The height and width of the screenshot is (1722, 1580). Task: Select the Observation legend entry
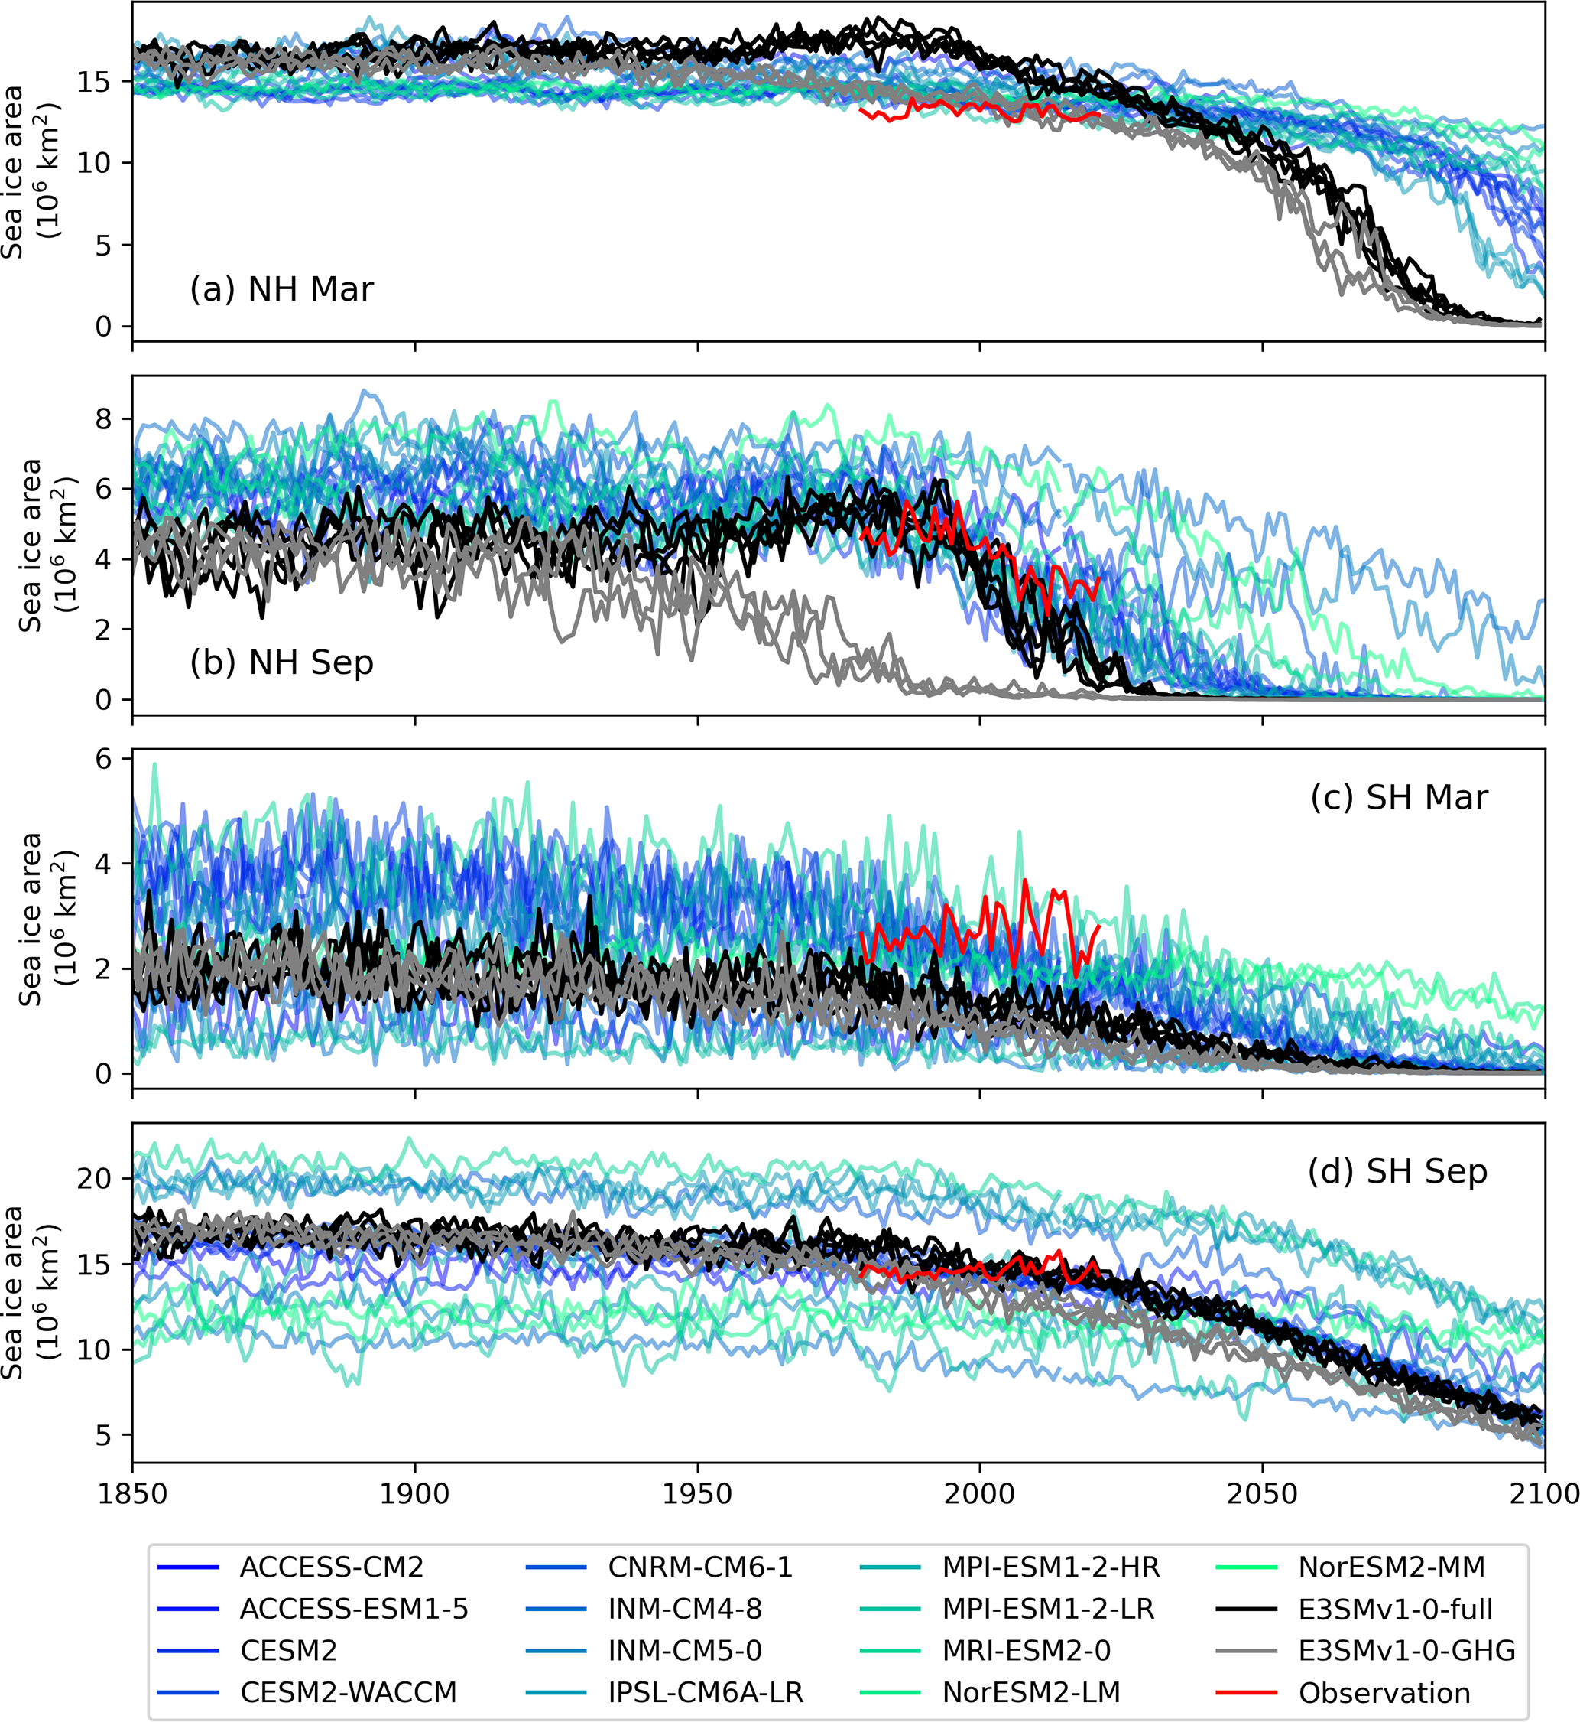click(x=1384, y=1693)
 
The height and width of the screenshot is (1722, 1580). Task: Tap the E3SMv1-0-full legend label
click(x=1394, y=1609)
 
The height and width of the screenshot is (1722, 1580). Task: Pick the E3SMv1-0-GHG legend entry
click(x=1406, y=1650)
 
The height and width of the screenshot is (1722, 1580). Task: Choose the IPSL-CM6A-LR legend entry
click(x=706, y=1692)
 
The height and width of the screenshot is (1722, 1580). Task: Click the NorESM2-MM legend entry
click(x=1391, y=1567)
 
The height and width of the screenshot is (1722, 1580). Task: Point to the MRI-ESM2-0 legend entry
click(x=1026, y=1650)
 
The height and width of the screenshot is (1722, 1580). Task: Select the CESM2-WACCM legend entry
click(x=348, y=1692)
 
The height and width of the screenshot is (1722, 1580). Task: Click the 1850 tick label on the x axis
click(x=132, y=1493)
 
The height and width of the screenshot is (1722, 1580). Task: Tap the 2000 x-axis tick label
click(x=980, y=1493)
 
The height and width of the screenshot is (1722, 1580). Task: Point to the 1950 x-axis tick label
click(x=698, y=1493)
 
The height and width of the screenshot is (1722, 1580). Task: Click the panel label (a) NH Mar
click(x=281, y=289)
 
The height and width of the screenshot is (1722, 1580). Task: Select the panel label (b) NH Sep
click(x=281, y=662)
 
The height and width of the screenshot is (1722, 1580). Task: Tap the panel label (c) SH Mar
click(x=1399, y=797)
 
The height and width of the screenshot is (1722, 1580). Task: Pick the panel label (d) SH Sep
click(x=1397, y=1171)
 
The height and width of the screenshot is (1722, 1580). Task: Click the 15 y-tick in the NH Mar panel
click(x=94, y=82)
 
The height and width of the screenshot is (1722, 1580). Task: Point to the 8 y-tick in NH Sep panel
click(x=102, y=419)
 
